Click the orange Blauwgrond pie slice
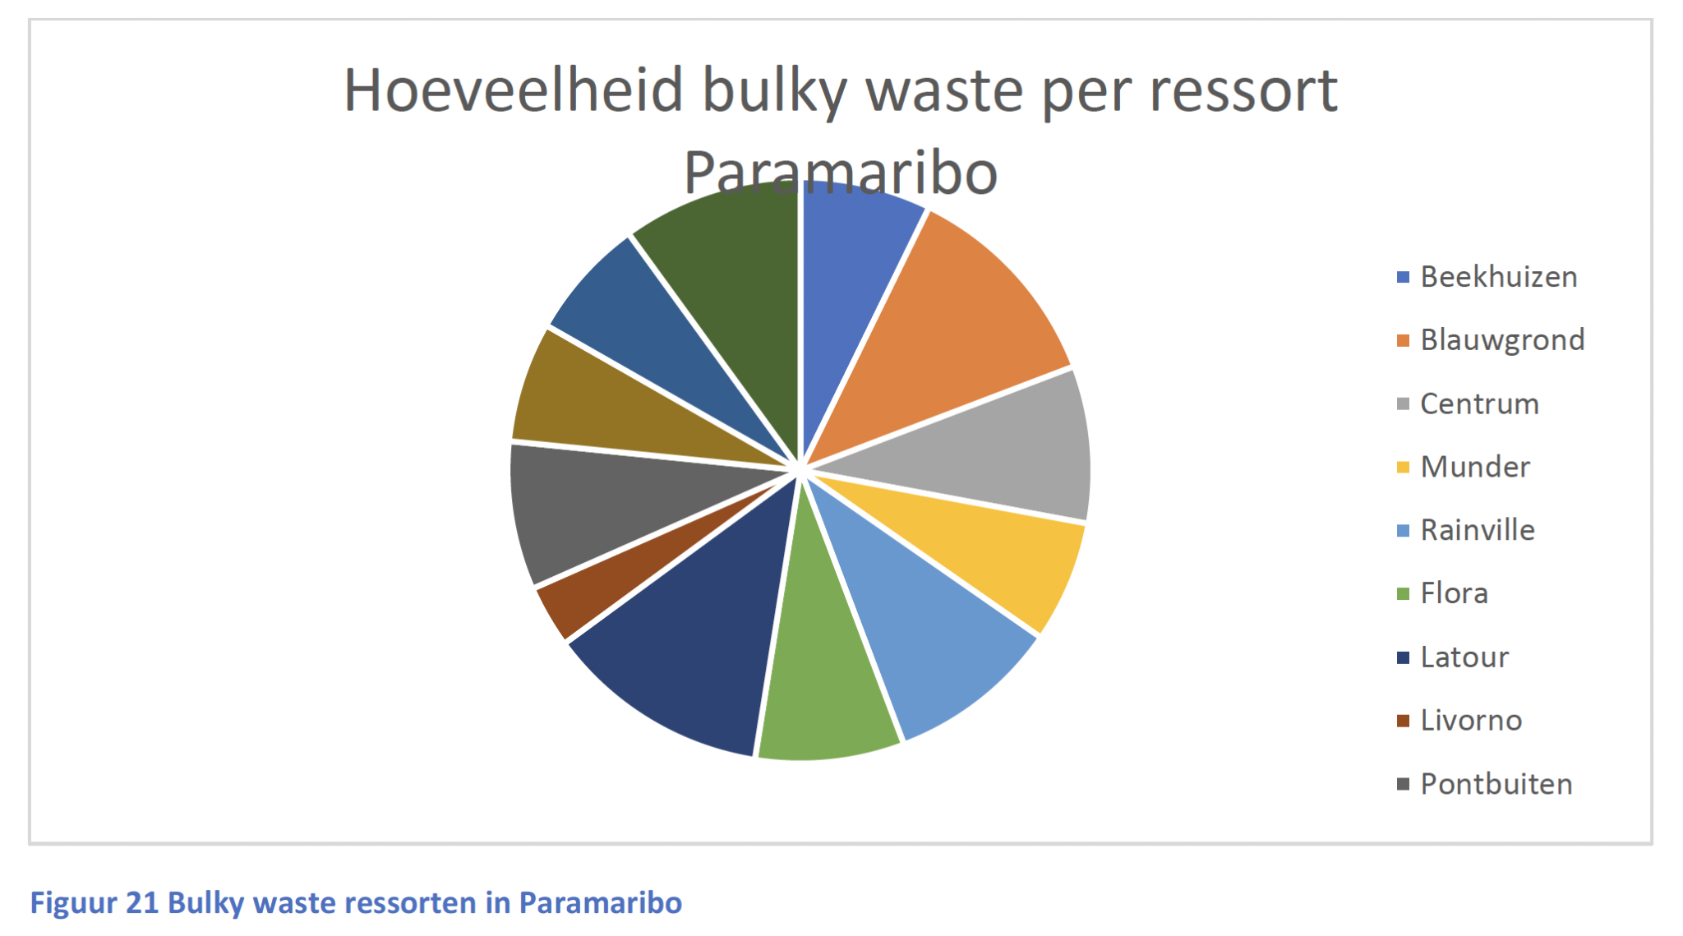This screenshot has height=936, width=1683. point(953,329)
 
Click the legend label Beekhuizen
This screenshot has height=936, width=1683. point(1499,277)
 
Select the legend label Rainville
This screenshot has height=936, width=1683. point(1478,530)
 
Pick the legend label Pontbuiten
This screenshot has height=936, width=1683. point(1496,784)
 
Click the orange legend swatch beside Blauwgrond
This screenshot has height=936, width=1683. point(1403,340)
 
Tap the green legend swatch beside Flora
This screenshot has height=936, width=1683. point(1403,593)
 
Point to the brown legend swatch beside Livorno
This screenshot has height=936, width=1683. point(1403,721)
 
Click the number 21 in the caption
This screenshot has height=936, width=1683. point(142,903)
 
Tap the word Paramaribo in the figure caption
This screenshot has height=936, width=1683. point(601,903)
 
